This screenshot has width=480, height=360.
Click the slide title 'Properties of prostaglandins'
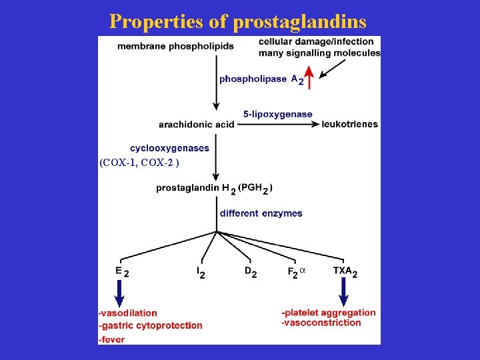tap(238, 21)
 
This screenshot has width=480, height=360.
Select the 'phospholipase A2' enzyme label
tap(261, 79)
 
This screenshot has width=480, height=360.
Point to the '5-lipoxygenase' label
tap(277, 114)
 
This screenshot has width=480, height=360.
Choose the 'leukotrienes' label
tap(349, 124)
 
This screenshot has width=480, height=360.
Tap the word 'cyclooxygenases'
tap(169, 148)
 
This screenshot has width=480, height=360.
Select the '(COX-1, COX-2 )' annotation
tap(139, 163)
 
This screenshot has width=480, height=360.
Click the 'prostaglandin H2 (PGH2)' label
tap(214, 189)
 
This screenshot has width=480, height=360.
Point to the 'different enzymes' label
tap(261, 213)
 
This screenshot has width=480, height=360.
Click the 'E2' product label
tap(122, 271)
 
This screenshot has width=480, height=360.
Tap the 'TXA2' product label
tap(345, 271)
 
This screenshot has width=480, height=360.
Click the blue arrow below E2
tap(120, 291)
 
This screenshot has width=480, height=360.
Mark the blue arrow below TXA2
tap(344, 291)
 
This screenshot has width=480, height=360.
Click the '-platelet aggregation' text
tap(329, 312)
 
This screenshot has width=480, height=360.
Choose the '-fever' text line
tap(111, 339)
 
